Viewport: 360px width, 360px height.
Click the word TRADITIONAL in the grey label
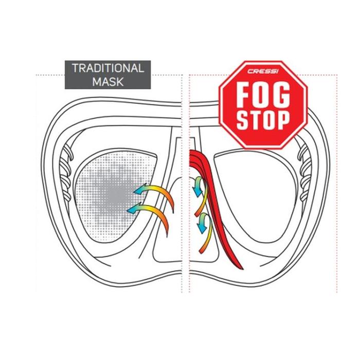pyautogui.click(x=108, y=68)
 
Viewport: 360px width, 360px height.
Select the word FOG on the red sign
pyautogui.click(x=263, y=95)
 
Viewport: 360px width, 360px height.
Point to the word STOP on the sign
pyautogui.click(x=263, y=119)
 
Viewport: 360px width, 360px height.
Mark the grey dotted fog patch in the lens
pyautogui.click(x=105, y=193)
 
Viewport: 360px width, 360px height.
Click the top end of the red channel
pyautogui.click(x=193, y=154)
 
